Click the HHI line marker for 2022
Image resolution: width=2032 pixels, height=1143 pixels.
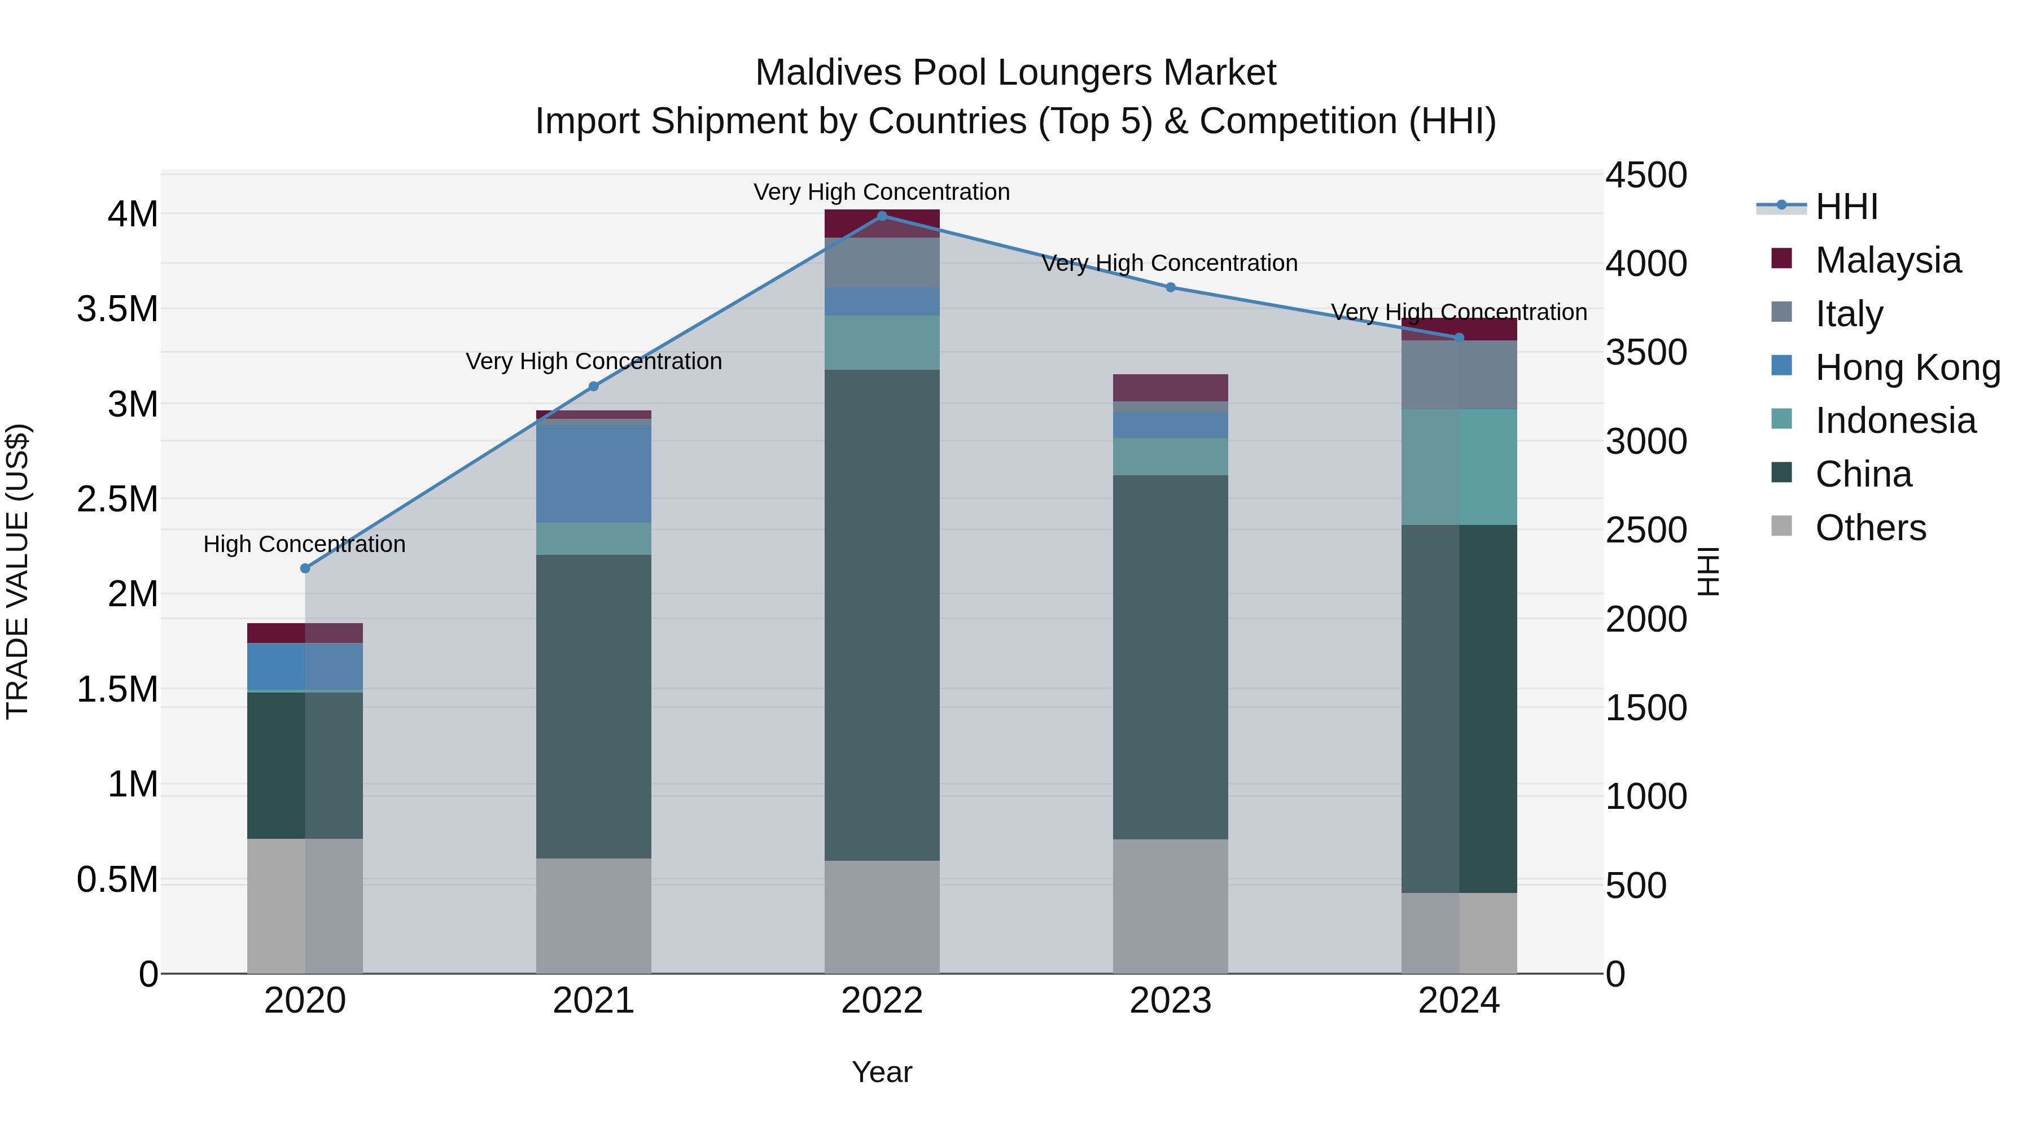point(882,216)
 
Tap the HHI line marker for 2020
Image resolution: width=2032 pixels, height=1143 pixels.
point(305,568)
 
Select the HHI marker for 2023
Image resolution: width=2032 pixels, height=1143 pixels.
point(1171,287)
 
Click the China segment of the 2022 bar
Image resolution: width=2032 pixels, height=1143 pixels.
point(882,615)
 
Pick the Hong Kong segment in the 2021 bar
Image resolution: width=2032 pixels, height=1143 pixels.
point(593,474)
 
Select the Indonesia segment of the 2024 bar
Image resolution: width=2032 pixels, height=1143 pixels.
point(1459,467)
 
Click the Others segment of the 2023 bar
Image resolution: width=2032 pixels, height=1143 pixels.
point(1171,905)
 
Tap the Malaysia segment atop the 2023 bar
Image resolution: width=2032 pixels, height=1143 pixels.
point(1171,387)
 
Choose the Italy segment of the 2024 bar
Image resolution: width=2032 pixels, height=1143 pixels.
point(1459,375)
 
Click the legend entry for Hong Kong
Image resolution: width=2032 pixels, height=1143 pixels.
point(1907,367)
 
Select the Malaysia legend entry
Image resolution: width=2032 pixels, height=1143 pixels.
point(1887,260)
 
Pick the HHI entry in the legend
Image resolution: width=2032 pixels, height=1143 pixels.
point(1846,207)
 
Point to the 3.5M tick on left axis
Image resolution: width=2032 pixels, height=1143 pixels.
point(117,309)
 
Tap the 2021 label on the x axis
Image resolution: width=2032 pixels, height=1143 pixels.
point(593,1001)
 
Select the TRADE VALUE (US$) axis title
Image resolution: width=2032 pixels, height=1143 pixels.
point(17,571)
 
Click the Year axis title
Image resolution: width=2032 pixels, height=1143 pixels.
point(882,1072)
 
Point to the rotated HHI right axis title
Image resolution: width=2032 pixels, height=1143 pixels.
point(1709,571)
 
